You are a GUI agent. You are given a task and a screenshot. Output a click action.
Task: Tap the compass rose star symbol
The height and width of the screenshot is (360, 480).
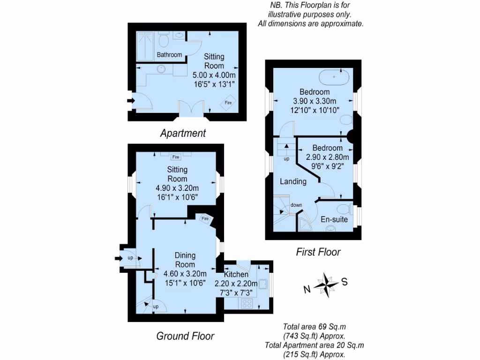[x=326, y=283]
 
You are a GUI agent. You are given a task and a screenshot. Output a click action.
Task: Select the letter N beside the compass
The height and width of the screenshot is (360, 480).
[x=307, y=289]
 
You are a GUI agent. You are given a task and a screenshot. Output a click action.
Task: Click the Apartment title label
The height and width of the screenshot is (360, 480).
[x=183, y=133]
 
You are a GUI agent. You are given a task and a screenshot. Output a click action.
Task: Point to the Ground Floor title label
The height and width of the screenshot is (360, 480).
[x=185, y=336]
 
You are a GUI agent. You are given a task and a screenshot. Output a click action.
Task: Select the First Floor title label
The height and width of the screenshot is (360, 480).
[x=318, y=252]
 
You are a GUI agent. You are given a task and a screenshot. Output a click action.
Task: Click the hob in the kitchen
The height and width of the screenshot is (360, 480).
[x=247, y=303]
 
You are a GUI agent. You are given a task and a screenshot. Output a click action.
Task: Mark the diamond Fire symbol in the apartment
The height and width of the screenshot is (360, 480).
[x=229, y=103]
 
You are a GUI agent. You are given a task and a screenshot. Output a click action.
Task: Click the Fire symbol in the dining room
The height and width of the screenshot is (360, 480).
[x=205, y=218]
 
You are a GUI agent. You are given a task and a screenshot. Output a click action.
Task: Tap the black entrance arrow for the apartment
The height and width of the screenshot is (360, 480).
[x=129, y=100]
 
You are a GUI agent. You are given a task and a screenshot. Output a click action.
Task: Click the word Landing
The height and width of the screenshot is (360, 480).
[x=293, y=181]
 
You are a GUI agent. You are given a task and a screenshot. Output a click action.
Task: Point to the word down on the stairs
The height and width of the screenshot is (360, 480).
[x=296, y=205]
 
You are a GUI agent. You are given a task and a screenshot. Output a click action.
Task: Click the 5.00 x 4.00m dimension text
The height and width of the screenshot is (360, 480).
[x=214, y=75]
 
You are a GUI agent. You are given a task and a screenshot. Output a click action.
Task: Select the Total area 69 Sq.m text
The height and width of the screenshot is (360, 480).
[x=315, y=327]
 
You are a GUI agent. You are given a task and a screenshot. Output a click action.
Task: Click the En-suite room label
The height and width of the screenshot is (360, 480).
[x=334, y=219]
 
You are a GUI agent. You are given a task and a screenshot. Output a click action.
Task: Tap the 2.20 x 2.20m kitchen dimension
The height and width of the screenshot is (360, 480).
[x=236, y=284]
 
